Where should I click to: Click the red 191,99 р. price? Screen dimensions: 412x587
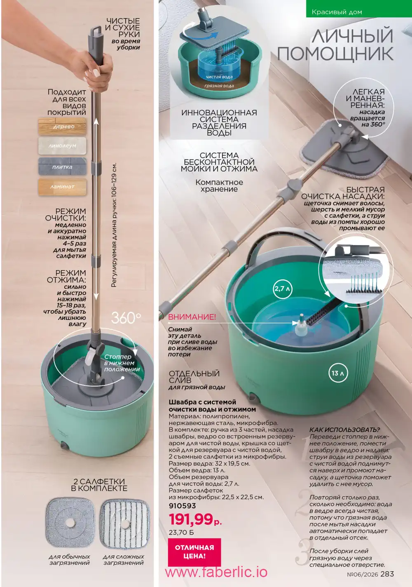click(195, 520)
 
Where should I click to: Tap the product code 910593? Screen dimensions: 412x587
click(182, 506)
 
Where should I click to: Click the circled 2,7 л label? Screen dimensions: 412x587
click(282, 289)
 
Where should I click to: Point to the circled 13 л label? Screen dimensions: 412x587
click(338, 373)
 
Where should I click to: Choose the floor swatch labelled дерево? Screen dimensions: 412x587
click(62, 127)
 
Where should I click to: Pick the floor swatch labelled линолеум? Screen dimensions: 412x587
click(62, 146)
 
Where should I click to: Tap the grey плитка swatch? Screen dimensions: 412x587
click(62, 167)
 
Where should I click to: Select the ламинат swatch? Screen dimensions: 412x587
click(62, 187)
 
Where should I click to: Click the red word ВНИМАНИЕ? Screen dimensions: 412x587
click(192, 317)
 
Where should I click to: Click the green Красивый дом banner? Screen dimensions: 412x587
click(359, 9)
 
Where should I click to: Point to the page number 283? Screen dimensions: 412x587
click(387, 574)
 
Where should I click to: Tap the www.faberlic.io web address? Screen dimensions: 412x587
click(216, 572)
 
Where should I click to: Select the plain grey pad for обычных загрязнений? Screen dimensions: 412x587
click(70, 523)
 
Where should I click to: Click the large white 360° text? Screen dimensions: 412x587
click(126, 318)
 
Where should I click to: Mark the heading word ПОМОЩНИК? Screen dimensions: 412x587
click(335, 54)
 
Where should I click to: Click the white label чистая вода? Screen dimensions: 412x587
click(219, 77)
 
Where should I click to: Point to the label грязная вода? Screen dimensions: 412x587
click(219, 86)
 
